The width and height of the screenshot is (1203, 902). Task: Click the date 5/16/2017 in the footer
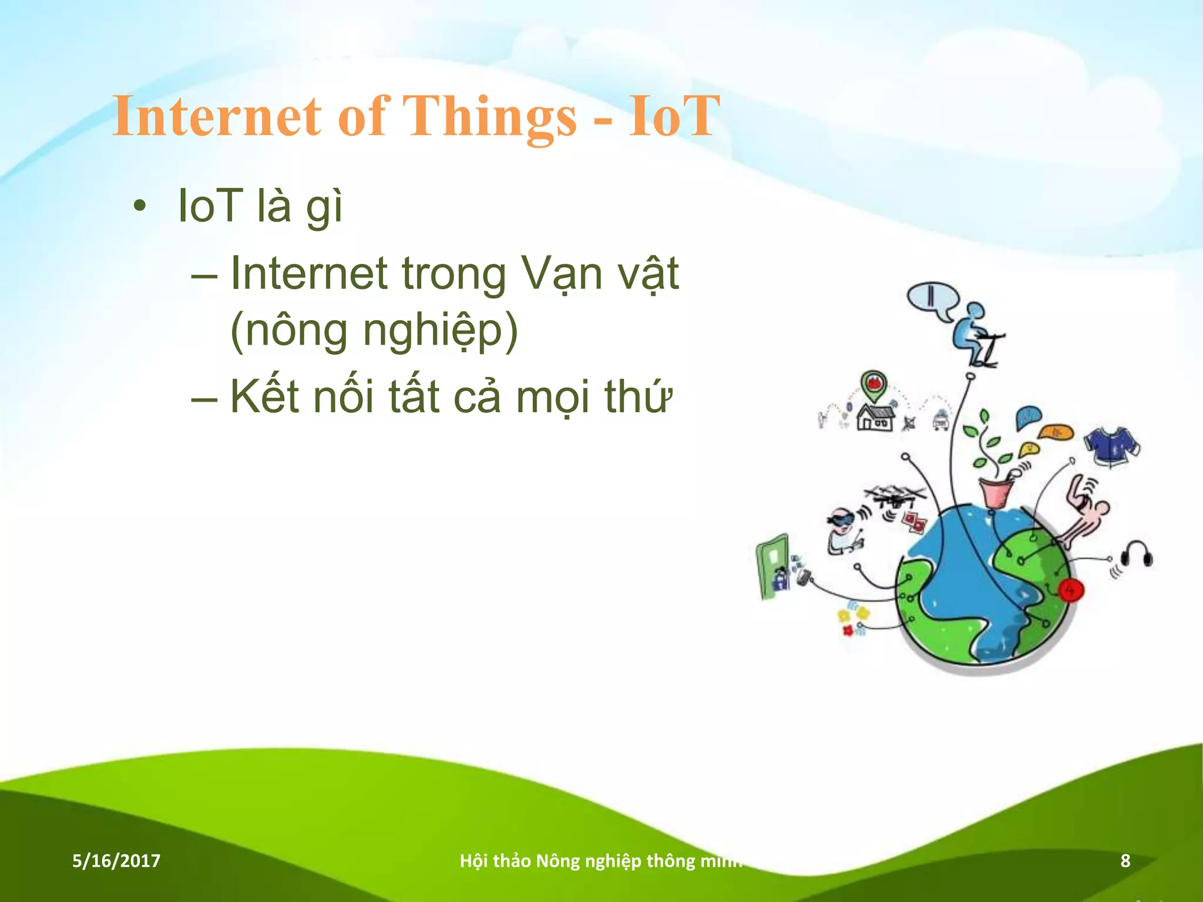click(x=116, y=861)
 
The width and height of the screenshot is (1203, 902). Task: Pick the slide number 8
click(x=1125, y=861)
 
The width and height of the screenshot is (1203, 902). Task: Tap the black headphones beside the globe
click(x=1137, y=555)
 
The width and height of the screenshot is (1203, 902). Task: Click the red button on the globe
click(x=1070, y=590)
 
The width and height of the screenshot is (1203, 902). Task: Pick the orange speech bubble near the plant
click(x=1056, y=433)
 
